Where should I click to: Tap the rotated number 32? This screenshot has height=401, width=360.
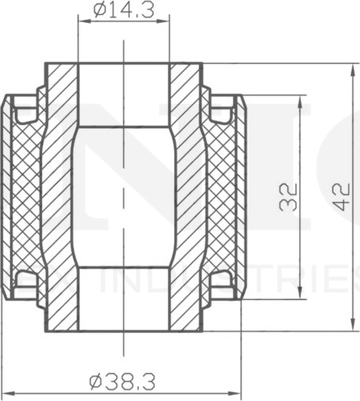pyautogui.click(x=289, y=196)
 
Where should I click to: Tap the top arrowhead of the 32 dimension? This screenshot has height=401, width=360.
pyautogui.click(x=300, y=99)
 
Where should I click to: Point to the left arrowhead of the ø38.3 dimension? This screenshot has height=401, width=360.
pyautogui.click(x=5, y=391)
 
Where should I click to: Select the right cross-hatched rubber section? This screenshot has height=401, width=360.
pyautogui.click(x=223, y=196)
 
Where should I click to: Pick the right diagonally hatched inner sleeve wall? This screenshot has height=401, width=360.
pyautogui.click(x=187, y=196)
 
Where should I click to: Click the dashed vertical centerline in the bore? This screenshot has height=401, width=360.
pyautogui.click(x=124, y=196)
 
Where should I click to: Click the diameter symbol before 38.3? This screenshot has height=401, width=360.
pyautogui.click(x=96, y=380)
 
